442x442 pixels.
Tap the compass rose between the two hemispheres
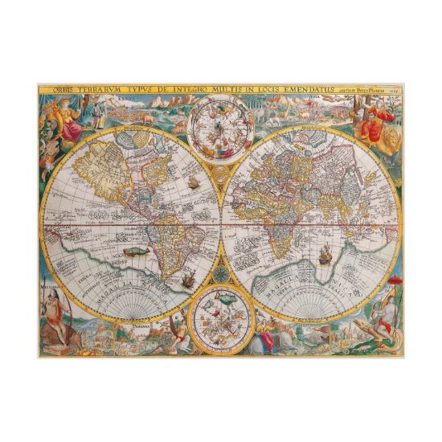tap(219, 271)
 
